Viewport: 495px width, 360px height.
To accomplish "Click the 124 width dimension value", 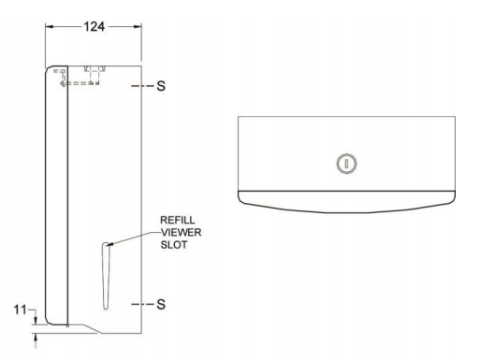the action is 95,27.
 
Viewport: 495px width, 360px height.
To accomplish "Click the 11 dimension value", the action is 20,310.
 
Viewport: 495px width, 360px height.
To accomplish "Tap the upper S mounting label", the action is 161,86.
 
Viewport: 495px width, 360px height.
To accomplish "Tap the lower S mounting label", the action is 161,305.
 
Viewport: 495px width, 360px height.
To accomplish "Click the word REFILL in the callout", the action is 178,220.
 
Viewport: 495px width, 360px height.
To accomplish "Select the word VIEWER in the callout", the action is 181,233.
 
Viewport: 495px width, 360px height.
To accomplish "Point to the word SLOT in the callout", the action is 174,245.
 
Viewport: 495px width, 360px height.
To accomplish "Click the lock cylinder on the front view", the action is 346,164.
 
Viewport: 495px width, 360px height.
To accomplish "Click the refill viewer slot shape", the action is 106,276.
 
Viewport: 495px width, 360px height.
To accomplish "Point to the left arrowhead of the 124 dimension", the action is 50,27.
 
